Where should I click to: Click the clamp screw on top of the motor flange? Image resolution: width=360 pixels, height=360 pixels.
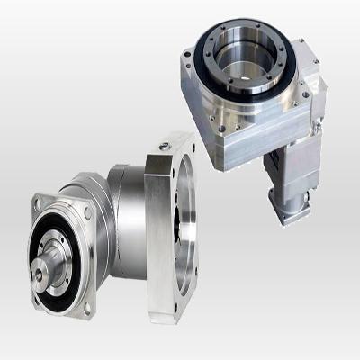pyautogui.click(x=166, y=142)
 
